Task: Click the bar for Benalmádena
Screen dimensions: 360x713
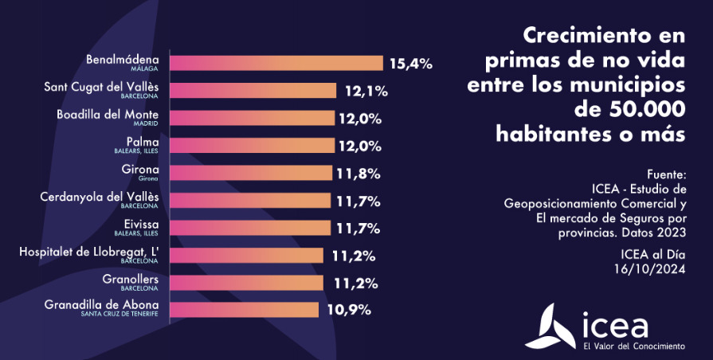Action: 277,63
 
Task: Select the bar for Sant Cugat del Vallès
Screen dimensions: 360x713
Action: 255,91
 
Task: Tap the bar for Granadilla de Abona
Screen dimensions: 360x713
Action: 245,310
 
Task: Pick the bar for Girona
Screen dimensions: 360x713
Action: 251,173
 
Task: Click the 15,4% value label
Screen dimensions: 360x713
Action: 410,64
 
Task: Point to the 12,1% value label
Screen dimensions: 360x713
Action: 366,92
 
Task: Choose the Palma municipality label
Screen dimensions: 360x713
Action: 143,141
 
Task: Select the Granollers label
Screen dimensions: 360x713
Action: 131,279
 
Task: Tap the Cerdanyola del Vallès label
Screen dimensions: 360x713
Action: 100,196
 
